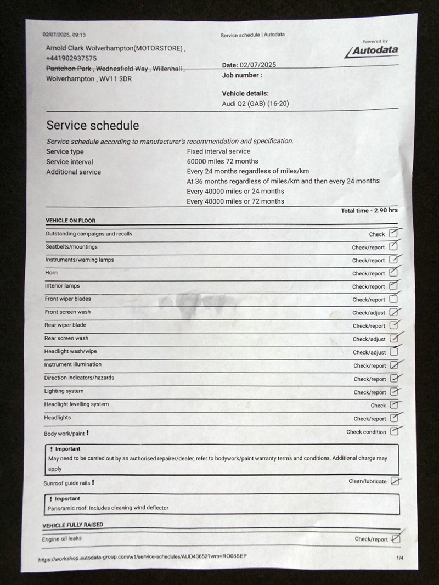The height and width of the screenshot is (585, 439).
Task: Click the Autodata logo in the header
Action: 372,51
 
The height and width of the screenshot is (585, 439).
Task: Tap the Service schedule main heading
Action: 92,126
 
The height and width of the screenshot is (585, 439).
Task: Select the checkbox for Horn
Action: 393,273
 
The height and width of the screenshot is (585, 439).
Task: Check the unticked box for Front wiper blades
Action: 393,299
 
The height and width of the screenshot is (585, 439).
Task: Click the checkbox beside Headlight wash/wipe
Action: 393,352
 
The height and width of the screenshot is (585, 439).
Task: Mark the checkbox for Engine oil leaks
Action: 396,538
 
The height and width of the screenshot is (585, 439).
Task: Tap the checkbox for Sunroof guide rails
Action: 395,481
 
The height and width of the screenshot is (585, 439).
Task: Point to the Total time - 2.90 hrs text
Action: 369,211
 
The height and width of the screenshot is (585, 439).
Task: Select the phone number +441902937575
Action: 71,58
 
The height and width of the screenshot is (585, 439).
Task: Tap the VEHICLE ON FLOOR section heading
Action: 70,221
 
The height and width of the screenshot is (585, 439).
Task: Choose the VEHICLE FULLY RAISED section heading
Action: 72,525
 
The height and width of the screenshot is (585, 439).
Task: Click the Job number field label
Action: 242,75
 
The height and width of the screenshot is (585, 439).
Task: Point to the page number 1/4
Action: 399,558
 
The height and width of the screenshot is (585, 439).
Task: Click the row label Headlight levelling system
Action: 76,404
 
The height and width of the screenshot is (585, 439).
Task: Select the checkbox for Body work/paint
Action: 394,431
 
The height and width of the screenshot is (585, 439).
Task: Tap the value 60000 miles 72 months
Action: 222,161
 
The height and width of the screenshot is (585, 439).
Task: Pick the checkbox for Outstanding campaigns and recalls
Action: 393,233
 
